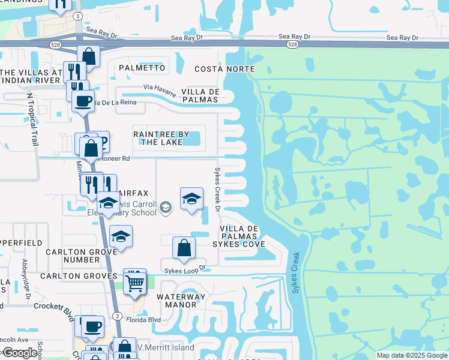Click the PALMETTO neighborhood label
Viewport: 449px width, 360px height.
click(x=142, y=68)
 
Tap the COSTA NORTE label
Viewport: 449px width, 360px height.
click(x=224, y=69)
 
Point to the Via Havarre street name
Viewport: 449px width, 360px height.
click(x=160, y=91)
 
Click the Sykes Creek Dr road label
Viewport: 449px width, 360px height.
click(x=218, y=188)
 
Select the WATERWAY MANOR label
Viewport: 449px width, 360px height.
click(x=181, y=301)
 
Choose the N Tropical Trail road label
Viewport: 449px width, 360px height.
click(x=32, y=119)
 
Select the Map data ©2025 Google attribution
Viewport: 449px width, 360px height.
click(x=412, y=355)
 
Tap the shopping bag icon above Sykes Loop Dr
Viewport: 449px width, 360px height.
click(x=184, y=248)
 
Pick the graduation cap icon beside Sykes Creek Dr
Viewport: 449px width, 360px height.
click(x=191, y=199)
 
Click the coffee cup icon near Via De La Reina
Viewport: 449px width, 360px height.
click(x=83, y=100)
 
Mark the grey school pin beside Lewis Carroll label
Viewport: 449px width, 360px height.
click(x=166, y=208)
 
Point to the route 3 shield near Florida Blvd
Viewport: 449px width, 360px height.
click(x=118, y=316)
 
